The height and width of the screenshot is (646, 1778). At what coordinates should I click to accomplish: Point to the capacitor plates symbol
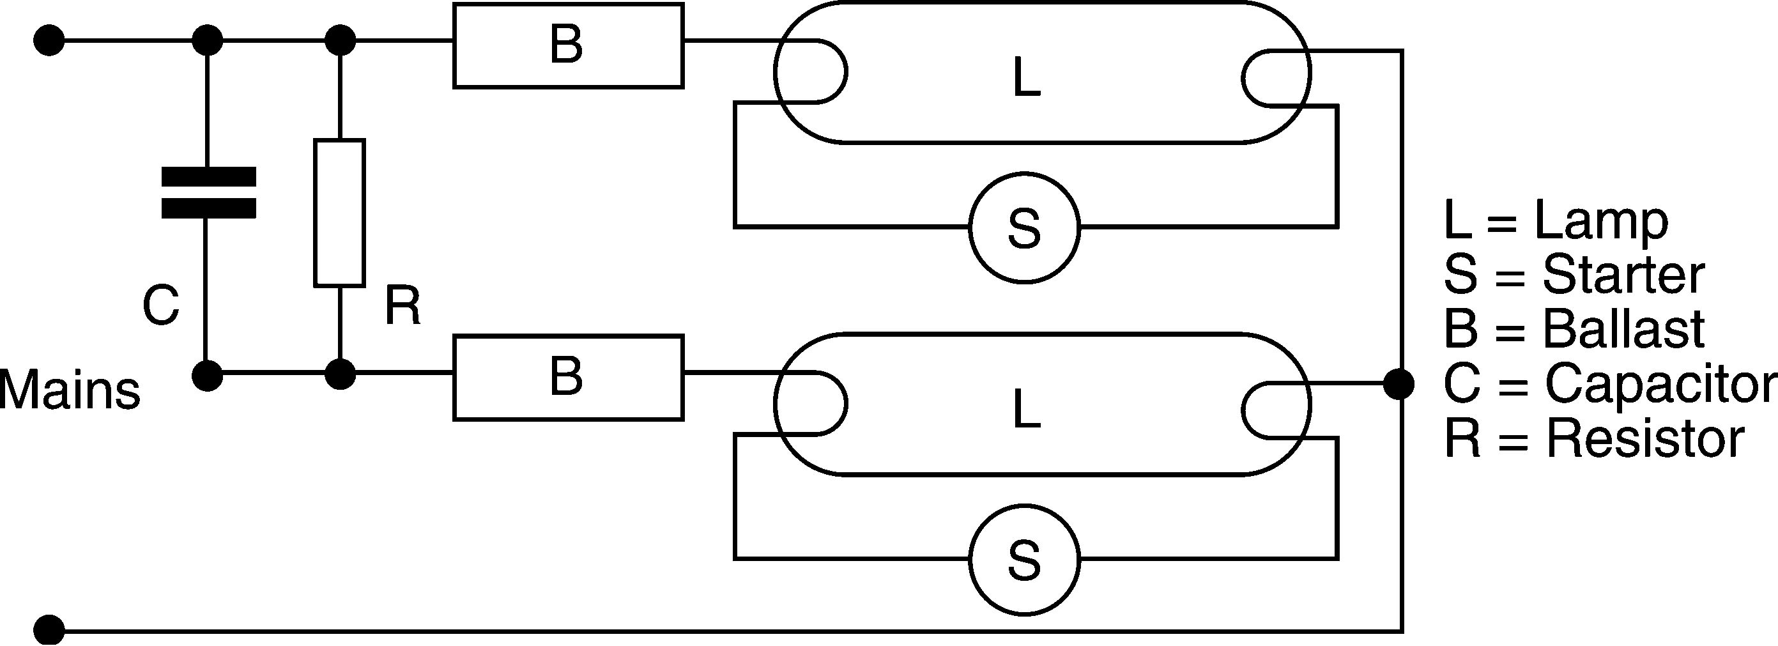pos(208,192)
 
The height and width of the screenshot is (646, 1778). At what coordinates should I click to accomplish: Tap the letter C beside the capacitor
pos(161,305)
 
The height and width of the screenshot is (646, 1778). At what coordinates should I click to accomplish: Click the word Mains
pos(70,390)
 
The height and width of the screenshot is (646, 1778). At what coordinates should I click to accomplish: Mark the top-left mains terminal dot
pos(49,42)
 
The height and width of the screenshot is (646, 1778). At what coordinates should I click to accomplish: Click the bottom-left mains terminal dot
pos(49,630)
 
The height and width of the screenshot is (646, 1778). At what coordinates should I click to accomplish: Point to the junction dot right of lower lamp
pos(1399,385)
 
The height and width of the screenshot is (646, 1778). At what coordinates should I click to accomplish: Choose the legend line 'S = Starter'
pos(1574,275)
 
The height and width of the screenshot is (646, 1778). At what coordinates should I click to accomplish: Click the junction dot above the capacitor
pos(207,41)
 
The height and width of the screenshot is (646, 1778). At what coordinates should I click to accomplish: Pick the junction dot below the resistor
pos(340,375)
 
